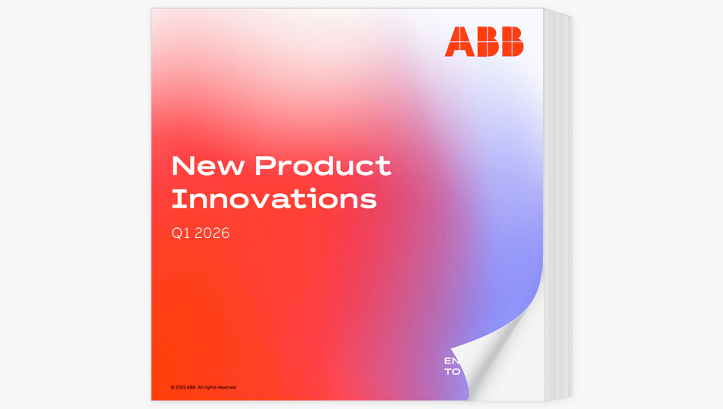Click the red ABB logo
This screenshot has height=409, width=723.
click(484, 42)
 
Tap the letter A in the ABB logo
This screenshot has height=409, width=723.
click(457, 42)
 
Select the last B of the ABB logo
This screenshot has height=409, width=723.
click(512, 42)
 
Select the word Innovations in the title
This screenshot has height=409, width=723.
click(273, 199)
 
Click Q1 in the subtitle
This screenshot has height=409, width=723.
click(180, 233)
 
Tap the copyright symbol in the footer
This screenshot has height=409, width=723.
click(173, 387)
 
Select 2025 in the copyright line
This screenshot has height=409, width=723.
click(181, 387)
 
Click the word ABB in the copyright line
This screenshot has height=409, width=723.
click(192, 387)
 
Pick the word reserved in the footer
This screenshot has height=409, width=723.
click(227, 387)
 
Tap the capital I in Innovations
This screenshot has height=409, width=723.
click(175, 199)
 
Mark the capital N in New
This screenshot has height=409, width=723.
click(181, 166)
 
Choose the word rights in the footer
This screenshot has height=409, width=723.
click(210, 387)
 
